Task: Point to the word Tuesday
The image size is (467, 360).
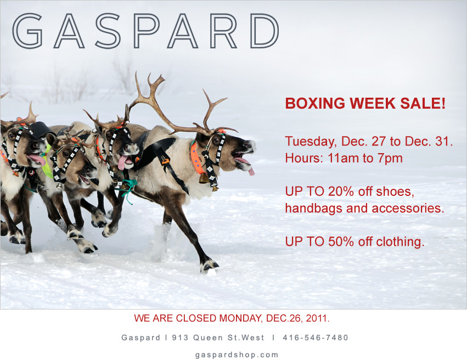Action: coord(308,142)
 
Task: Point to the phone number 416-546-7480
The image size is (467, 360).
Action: coord(315,337)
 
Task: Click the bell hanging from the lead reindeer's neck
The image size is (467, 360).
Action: coord(203,178)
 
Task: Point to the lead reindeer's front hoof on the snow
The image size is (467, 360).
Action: coord(209,266)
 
